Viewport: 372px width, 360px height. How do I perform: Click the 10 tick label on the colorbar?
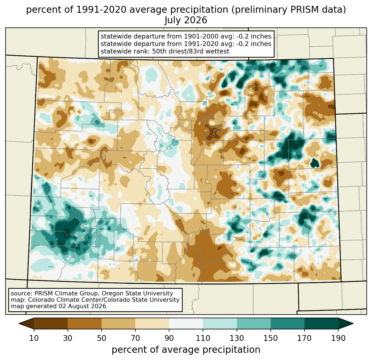click(x=34, y=338)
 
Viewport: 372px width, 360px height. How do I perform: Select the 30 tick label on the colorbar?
click(x=68, y=338)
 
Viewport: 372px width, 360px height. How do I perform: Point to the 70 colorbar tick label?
click(x=135, y=338)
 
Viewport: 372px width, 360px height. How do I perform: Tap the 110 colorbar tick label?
click(x=203, y=338)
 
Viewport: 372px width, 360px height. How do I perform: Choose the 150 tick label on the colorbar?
click(x=270, y=338)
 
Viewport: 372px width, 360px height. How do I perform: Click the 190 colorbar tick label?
click(x=338, y=338)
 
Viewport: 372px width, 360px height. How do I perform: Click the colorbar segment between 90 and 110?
click(x=186, y=324)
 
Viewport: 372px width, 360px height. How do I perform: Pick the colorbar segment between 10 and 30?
click(x=51, y=324)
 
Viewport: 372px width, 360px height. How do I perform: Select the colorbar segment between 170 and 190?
click(x=321, y=324)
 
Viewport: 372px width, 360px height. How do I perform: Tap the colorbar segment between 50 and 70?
click(x=118, y=324)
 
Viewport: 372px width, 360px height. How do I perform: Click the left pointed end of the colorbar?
click(x=19, y=324)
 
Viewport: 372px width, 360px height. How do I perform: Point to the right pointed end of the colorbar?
click(x=353, y=324)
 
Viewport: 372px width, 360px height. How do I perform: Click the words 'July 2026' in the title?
click(x=186, y=20)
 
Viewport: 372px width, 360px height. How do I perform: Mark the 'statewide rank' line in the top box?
click(x=165, y=51)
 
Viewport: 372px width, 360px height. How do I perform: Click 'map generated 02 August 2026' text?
click(x=58, y=306)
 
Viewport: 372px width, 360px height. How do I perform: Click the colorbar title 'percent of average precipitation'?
click(x=186, y=350)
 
